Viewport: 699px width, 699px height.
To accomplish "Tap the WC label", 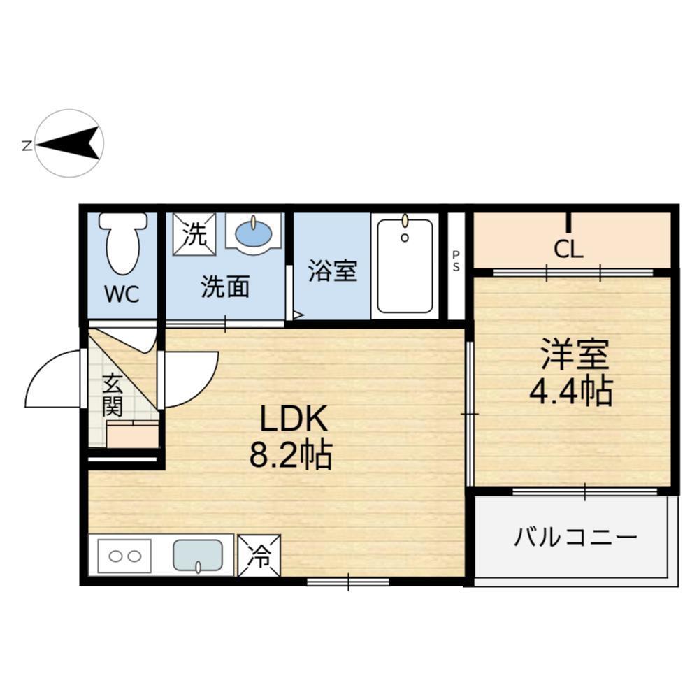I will click(122, 294).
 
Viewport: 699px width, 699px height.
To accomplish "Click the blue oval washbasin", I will click(253, 232).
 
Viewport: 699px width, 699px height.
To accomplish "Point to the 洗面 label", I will click(225, 287).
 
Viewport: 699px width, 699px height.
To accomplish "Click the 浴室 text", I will click(333, 271).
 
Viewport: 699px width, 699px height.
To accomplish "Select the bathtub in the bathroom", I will click(405, 266).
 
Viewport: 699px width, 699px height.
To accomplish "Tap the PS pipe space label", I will click(456, 261).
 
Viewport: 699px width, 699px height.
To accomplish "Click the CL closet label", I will click(568, 250).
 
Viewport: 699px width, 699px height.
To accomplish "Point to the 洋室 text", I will click(574, 356).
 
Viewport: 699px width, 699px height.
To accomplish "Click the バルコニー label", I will click(576, 538).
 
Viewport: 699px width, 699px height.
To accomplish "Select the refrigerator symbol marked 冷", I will click(259, 556).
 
